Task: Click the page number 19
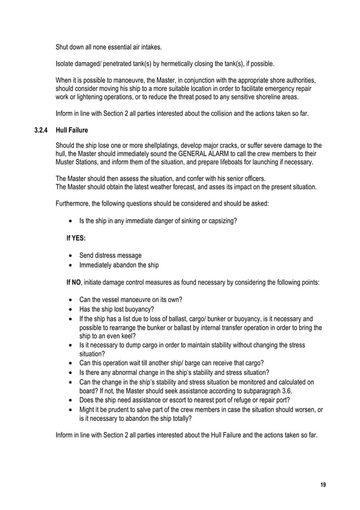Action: click(x=323, y=485)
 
